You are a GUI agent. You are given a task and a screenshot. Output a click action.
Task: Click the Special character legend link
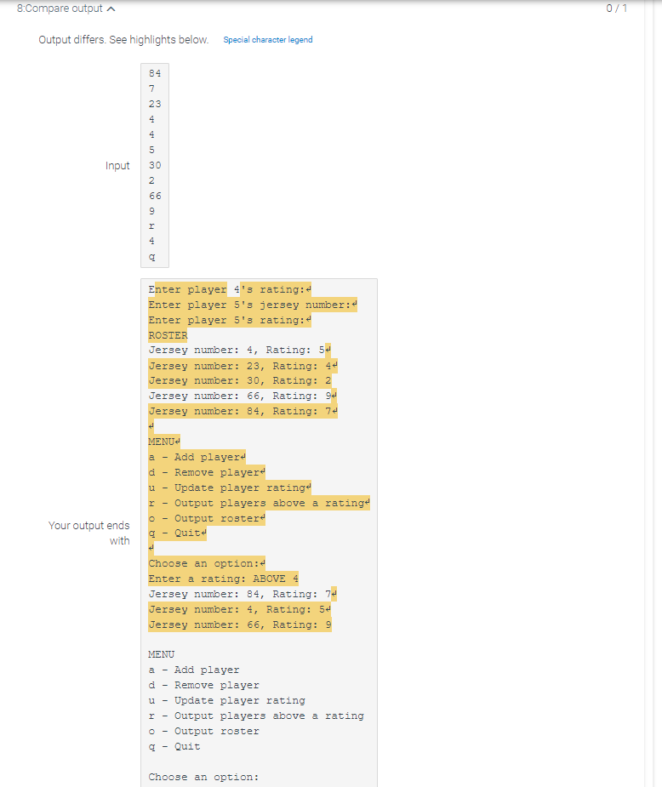[268, 40]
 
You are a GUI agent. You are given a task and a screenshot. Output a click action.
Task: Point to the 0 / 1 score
[616, 8]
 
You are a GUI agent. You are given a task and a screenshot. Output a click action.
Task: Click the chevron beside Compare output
[111, 9]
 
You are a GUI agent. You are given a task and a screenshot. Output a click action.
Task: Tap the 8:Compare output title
[60, 9]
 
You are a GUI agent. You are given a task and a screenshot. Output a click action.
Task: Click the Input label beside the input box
[117, 166]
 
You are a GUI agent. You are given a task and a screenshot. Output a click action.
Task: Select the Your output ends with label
[88, 533]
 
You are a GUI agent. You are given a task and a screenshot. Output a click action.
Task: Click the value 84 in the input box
[155, 73]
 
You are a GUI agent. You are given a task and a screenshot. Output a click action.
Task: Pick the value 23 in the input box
[155, 104]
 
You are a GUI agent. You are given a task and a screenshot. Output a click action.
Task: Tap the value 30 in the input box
[155, 165]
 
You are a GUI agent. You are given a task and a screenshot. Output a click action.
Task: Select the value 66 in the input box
[155, 196]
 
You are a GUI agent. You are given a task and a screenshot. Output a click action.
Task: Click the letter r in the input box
[151, 225]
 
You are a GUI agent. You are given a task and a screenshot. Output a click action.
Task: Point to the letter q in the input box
[151, 257]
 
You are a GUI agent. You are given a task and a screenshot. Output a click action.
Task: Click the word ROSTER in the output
[168, 335]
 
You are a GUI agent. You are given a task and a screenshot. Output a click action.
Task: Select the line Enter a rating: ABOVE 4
[223, 579]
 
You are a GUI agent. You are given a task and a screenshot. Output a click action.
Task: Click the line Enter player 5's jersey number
[253, 305]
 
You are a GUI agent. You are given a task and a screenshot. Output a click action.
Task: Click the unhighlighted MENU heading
[161, 654]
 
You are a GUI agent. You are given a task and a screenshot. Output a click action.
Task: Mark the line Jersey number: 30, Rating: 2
[240, 381]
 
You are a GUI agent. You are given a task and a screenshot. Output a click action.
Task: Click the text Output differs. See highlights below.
[123, 40]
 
